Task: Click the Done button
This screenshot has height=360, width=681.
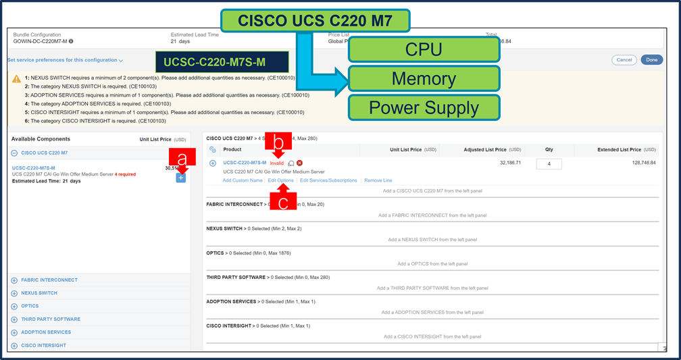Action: (651, 60)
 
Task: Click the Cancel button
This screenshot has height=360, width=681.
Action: (624, 60)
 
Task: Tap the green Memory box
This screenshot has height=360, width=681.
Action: (424, 78)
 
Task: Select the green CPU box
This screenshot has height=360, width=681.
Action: (424, 50)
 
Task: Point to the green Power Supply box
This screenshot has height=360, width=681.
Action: (424, 107)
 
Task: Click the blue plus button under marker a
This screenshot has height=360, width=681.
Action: (180, 178)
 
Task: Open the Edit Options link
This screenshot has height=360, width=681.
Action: (280, 180)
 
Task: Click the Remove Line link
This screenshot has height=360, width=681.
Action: (378, 180)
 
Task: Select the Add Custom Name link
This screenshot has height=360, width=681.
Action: (243, 180)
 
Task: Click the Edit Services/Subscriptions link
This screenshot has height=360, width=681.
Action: (328, 180)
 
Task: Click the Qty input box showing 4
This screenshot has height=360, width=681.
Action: (549, 163)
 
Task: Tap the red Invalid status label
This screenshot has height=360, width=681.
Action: (277, 163)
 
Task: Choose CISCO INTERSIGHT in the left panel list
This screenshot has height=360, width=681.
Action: (43, 345)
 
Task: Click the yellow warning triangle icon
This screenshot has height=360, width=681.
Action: (16, 78)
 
